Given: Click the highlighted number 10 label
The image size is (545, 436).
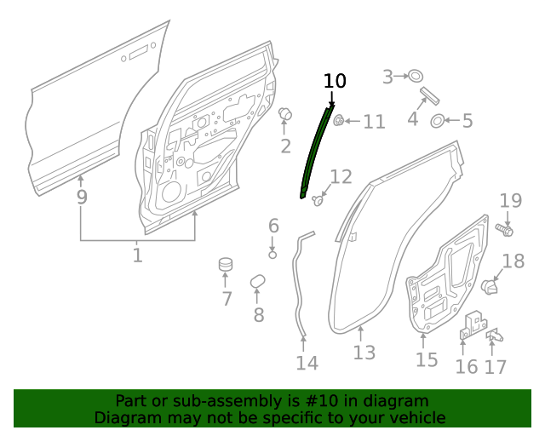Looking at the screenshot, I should (x=336, y=81).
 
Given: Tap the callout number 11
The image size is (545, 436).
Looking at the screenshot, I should (x=375, y=122).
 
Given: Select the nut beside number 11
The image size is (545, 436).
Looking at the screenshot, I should (x=338, y=120).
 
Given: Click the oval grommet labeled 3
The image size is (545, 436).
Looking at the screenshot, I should (x=416, y=77).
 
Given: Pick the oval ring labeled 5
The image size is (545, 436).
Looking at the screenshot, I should (x=437, y=120).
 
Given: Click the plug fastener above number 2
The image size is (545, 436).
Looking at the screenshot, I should (x=286, y=114).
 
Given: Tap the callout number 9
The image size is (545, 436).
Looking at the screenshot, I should (x=82, y=198).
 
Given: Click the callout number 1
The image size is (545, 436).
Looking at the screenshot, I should (x=138, y=254).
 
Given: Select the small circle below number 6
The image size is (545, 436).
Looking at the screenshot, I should (x=273, y=253).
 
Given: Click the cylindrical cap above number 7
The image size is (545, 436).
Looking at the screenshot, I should (x=226, y=265).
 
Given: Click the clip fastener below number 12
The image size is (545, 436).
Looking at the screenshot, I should (x=319, y=201).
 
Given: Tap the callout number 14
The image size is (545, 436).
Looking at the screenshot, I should (x=307, y=363).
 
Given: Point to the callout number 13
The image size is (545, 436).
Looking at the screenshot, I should (x=364, y=352).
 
